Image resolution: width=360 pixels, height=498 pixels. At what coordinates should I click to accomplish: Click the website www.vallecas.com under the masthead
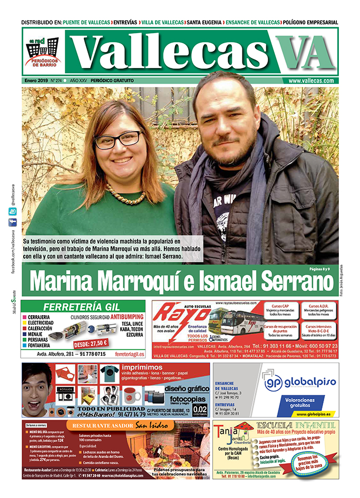click(x=311, y=81)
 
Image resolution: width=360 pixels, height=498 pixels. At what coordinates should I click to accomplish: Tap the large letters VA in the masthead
click(x=305, y=54)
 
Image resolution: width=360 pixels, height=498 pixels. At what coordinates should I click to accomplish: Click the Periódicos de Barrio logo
click(x=43, y=53)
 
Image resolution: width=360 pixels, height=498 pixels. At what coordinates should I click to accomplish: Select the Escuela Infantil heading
click(x=295, y=426)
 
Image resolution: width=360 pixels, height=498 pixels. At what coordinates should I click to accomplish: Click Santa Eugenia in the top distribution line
click(x=204, y=22)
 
